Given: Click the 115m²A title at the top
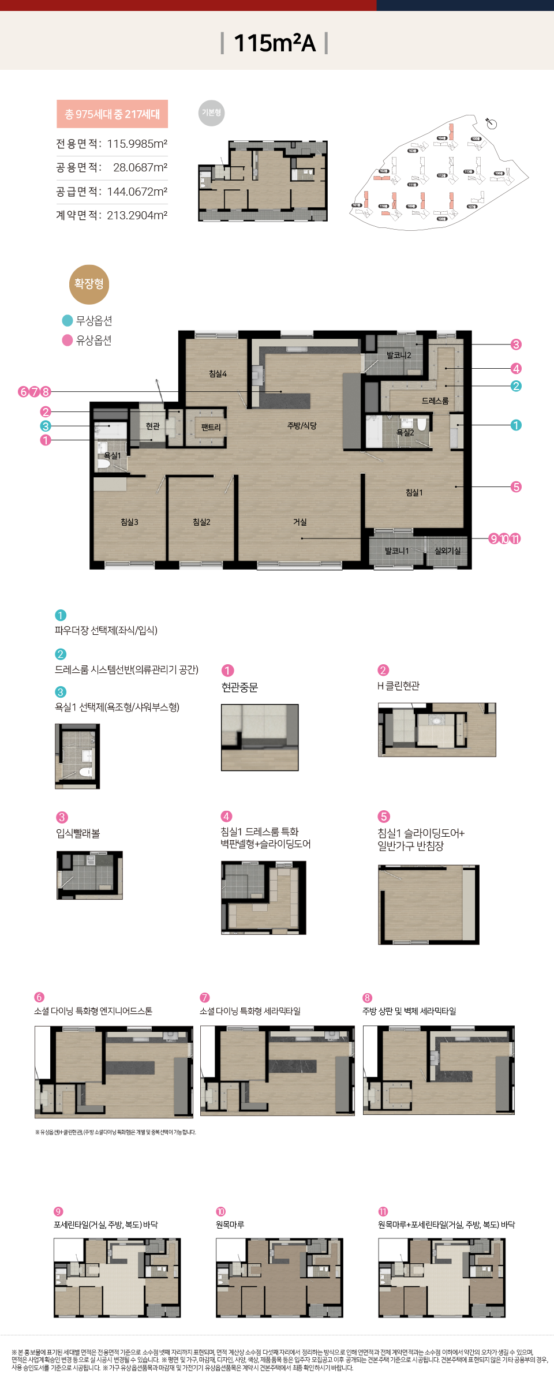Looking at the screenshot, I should [275, 43].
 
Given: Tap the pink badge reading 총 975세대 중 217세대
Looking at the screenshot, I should [112, 114].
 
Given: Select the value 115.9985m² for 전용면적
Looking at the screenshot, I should [137, 144].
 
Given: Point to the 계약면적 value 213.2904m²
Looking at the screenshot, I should [137, 215].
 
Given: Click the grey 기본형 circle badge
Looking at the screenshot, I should [211, 113].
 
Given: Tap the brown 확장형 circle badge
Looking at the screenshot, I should [89, 284].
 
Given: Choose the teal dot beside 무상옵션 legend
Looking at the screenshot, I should [68, 321].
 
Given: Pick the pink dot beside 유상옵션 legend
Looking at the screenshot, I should [68, 340].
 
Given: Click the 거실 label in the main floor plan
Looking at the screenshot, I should [300, 522].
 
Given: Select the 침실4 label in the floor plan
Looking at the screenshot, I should [218, 374].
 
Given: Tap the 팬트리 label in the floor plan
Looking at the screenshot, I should [211, 427].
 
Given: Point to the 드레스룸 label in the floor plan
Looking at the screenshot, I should [435, 400].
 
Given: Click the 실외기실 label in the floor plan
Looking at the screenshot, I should [448, 551].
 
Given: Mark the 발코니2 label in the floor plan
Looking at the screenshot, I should [399, 355].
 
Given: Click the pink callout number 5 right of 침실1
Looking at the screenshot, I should [516, 487].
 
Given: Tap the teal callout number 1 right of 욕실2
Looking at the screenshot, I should [516, 425].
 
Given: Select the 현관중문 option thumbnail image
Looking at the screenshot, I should [260, 737].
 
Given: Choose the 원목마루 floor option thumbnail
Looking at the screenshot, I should [279, 1278].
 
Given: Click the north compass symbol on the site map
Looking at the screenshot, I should [491, 123].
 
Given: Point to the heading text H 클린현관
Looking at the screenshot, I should [398, 686].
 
